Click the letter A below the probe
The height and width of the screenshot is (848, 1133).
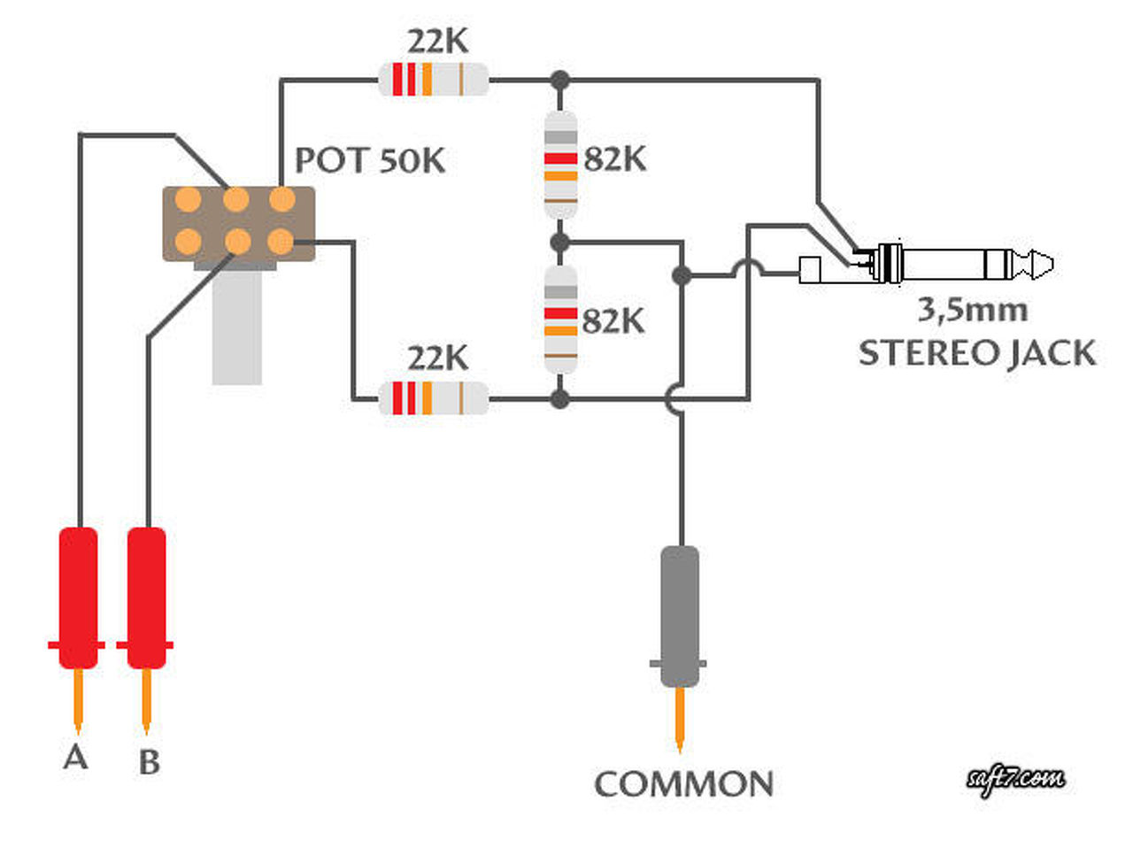click(x=75, y=757)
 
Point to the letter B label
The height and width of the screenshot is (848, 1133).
click(x=150, y=761)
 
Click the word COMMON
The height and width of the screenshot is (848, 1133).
click(x=684, y=784)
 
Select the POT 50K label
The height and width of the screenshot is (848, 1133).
click(x=370, y=160)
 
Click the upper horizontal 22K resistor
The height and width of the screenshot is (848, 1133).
click(x=434, y=80)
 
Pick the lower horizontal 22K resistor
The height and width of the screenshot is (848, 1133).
click(x=434, y=398)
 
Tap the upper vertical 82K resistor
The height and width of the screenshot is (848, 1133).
click(x=560, y=165)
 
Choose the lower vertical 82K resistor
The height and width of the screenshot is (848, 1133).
click(x=560, y=320)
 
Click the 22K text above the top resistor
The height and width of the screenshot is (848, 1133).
click(x=438, y=42)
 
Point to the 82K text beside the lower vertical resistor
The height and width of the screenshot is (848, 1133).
click(x=613, y=321)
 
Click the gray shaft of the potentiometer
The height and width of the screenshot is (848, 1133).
click(x=237, y=328)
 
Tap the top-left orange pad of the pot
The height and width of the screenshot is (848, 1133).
click(x=188, y=199)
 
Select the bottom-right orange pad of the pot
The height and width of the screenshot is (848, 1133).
click(x=281, y=242)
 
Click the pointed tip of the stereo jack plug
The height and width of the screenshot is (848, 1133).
click(x=1052, y=264)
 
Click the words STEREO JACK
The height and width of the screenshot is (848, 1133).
click(x=977, y=353)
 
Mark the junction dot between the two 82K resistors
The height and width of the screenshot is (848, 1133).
click(x=560, y=242)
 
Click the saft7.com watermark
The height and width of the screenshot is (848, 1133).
click(x=1015, y=779)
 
